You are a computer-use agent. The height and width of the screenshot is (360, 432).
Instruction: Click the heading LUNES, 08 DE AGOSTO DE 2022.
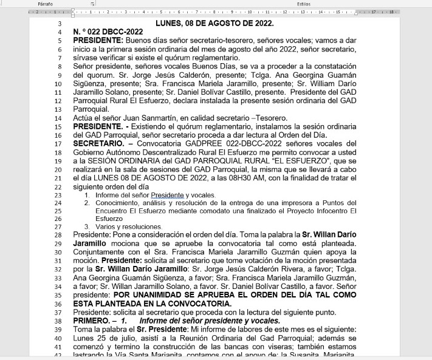[214, 24]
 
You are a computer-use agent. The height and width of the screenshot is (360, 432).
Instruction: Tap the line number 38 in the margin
[59, 321]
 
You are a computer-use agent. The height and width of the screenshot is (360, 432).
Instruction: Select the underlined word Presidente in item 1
[167, 195]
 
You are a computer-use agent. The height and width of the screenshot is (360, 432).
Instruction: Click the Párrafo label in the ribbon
[46, 4]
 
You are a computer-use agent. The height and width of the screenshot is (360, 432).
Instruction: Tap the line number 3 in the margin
[59, 24]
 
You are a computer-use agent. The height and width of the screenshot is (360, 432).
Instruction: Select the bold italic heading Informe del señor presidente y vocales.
[209, 321]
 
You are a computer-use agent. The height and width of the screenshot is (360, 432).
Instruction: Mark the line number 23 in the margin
[59, 195]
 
